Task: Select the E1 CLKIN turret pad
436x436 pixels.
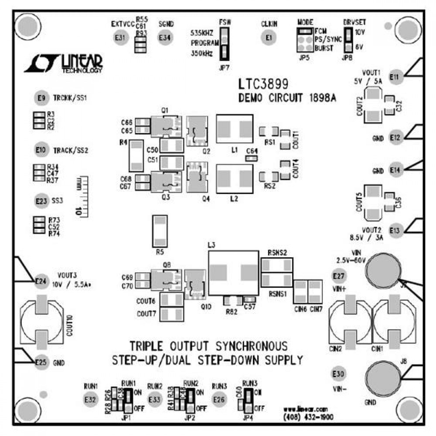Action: [x=269, y=38]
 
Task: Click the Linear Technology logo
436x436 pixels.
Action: [x=64, y=63]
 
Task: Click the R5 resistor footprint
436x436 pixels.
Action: [x=160, y=231]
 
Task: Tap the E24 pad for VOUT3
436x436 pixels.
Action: [x=41, y=281]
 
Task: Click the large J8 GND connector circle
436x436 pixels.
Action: [x=383, y=378]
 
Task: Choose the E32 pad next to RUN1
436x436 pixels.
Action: [x=90, y=399]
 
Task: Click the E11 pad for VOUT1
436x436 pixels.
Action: [x=395, y=77]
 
